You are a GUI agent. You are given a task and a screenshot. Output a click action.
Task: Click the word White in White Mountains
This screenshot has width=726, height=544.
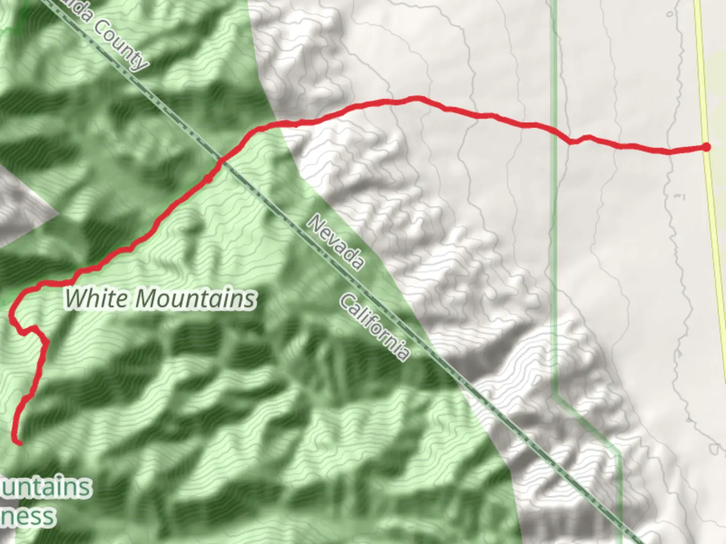click(96, 298)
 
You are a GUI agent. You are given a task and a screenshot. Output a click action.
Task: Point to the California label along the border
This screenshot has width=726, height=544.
click(374, 327)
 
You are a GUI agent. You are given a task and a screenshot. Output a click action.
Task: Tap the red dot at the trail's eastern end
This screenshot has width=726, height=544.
click(707, 147)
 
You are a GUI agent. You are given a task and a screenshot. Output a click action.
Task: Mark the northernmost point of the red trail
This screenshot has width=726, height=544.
click(416, 98)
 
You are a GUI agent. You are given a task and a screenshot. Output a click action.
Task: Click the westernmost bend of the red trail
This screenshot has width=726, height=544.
click(11, 315)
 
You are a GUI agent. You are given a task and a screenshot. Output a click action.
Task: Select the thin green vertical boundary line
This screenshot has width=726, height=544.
click(555, 252)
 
